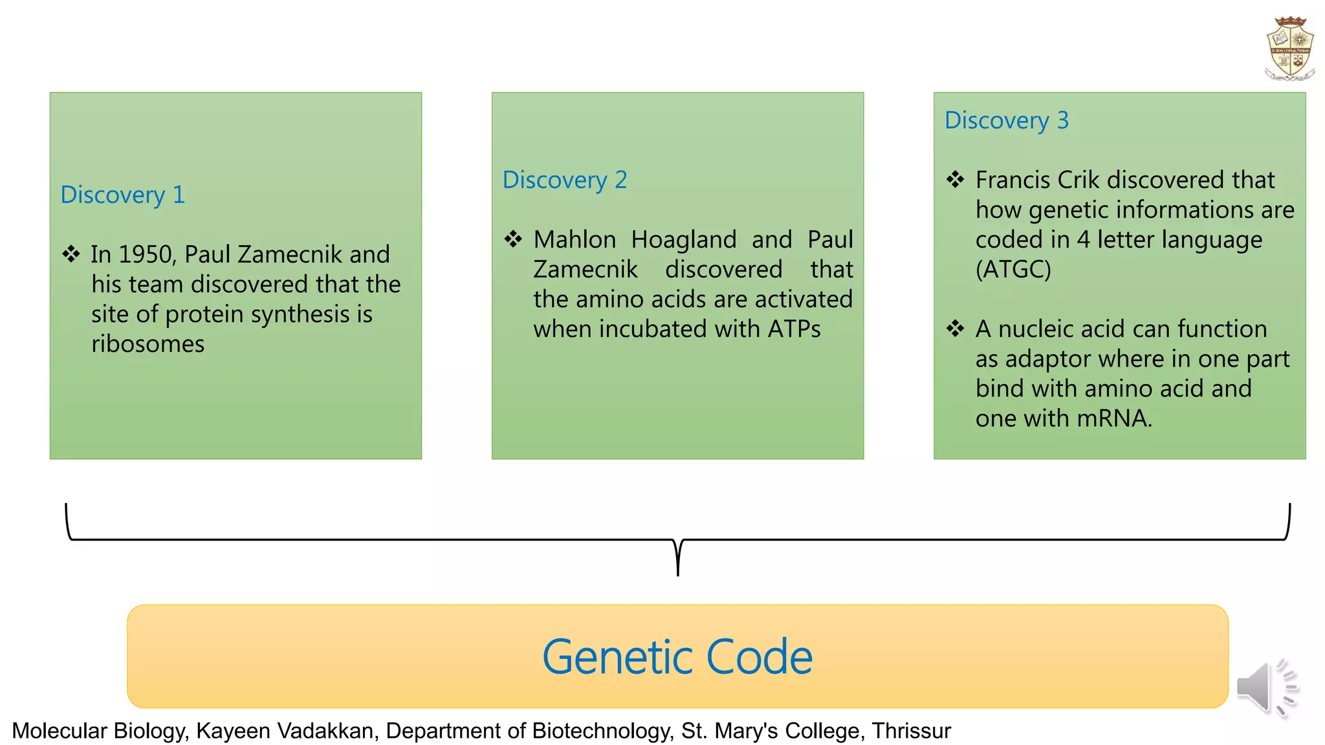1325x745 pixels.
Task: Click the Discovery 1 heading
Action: tap(123, 195)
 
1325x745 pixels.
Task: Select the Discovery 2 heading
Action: tap(565, 180)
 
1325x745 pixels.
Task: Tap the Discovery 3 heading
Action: tap(1007, 120)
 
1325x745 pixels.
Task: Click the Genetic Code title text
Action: tap(677, 657)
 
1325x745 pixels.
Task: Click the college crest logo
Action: tap(1289, 49)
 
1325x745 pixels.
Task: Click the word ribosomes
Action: tap(148, 344)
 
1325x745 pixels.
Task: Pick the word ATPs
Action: tap(794, 329)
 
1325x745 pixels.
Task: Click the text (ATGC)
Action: tap(1013, 270)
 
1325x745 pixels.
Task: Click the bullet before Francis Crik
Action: tap(956, 179)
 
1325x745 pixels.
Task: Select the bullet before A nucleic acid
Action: tap(956, 329)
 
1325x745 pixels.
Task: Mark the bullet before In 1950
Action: tap(71, 254)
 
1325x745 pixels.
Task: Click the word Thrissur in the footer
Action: tap(911, 731)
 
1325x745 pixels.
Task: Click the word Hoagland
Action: tap(684, 240)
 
